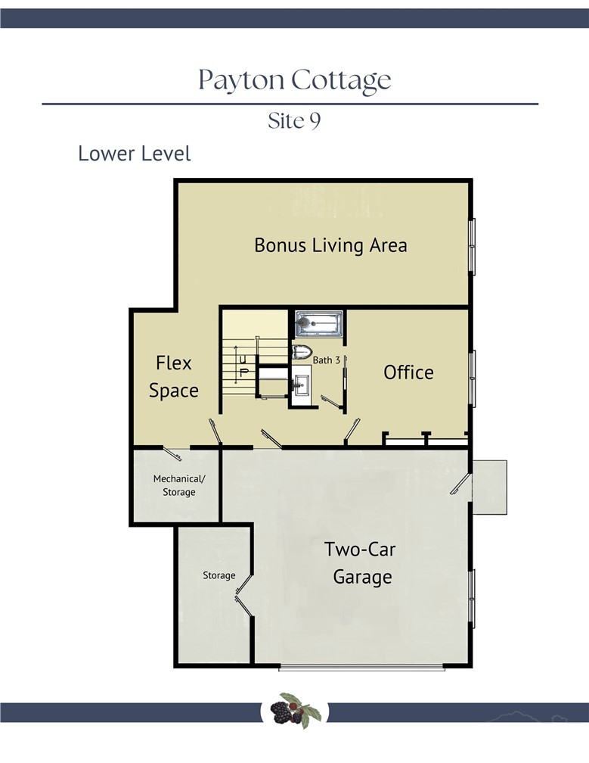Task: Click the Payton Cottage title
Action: click(295, 80)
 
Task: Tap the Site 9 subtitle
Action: click(294, 120)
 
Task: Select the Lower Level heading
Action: click(134, 154)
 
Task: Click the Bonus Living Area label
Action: click(330, 245)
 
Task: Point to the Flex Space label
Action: click(173, 377)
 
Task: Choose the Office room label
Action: click(408, 372)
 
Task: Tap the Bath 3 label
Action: click(326, 360)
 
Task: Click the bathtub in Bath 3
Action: click(319, 324)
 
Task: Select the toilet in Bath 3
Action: click(301, 352)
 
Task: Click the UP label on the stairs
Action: click(244, 365)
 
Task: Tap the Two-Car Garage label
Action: click(361, 563)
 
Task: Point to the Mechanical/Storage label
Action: click(179, 485)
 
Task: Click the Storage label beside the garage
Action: click(219, 575)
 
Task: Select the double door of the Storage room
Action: click(244, 596)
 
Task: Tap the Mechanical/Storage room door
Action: click(172, 453)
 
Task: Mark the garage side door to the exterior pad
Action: click(460, 484)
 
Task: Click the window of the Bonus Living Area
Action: click(472, 248)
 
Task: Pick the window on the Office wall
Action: click(472, 378)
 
